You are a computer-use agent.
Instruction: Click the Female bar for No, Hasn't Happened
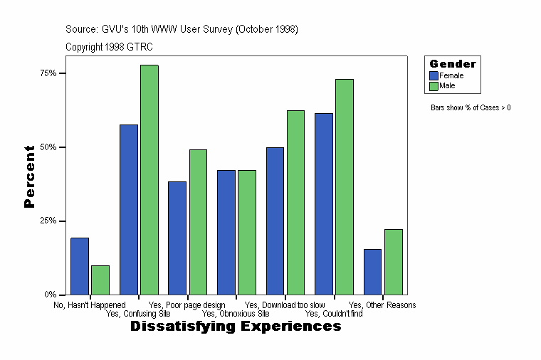[x=79, y=266]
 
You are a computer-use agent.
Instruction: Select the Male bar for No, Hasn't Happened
[x=100, y=280]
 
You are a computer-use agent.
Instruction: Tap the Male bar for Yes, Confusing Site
[x=149, y=179]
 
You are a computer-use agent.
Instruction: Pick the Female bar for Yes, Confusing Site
[x=128, y=209]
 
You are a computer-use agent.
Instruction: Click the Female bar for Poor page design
[x=177, y=238]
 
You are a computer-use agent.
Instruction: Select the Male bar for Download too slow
[x=295, y=202]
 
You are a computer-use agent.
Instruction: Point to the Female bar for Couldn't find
[x=324, y=203]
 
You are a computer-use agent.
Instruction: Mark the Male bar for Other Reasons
[x=394, y=262]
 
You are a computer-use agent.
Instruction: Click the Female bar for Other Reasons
[x=372, y=272]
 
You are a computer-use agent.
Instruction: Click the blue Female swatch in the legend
[x=434, y=75]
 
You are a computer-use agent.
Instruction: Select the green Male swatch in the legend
[x=434, y=86]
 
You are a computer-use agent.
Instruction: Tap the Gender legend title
[x=453, y=64]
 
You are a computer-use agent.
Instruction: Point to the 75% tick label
[x=48, y=73]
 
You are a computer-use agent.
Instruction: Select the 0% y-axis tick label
[x=50, y=295]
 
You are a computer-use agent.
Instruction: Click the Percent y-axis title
[x=29, y=176]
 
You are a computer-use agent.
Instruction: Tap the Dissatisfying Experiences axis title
[x=236, y=327]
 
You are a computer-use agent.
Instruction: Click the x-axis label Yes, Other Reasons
[x=382, y=305]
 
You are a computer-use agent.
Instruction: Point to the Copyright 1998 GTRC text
[x=109, y=47]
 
